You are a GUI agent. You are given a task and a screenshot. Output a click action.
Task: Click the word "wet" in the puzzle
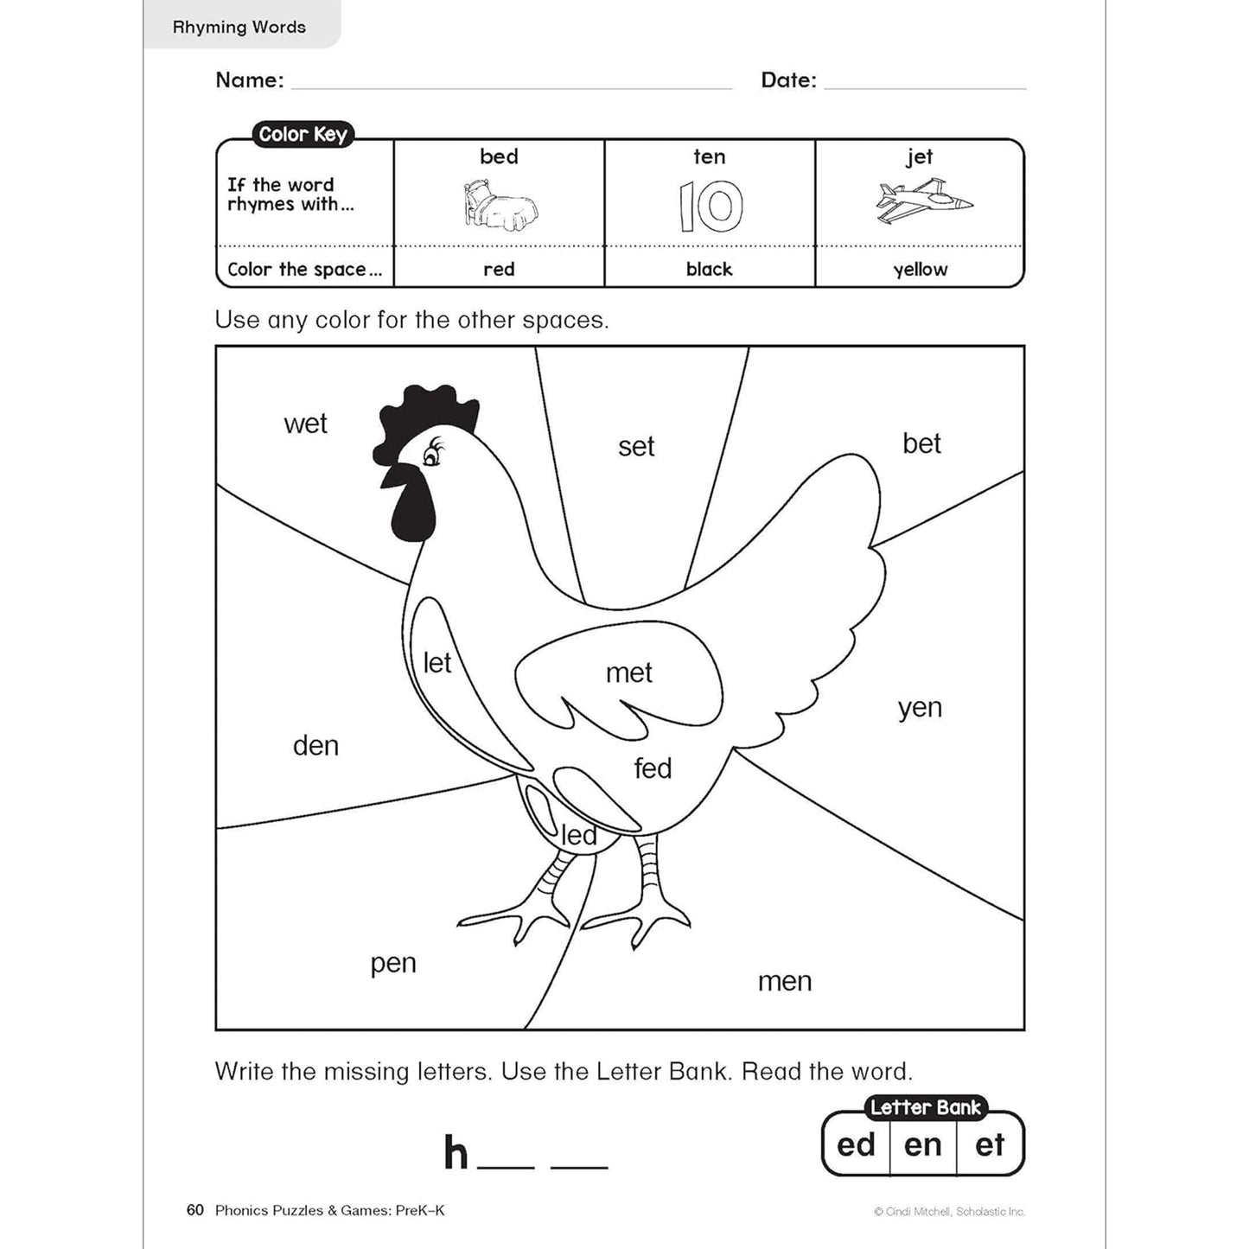tap(305, 424)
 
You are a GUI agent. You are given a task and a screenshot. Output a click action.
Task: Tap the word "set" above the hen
tap(636, 446)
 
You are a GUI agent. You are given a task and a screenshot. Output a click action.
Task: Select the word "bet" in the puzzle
tap(921, 443)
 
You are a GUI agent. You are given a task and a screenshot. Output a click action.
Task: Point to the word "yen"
tap(920, 709)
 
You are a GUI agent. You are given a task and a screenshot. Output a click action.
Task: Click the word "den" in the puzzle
tap(315, 745)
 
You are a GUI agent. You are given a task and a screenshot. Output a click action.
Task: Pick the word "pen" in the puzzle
tap(393, 963)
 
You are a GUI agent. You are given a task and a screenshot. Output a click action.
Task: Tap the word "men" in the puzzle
tap(785, 981)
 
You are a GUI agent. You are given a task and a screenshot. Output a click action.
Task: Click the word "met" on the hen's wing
tap(629, 672)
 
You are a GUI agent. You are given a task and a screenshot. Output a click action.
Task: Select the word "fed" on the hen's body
tap(653, 768)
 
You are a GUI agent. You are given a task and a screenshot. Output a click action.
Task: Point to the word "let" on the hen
tap(437, 663)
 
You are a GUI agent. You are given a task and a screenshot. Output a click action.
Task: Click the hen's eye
tap(430, 455)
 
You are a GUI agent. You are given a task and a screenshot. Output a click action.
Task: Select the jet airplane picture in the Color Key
tap(922, 202)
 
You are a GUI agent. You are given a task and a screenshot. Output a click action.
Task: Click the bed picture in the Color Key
tap(499, 206)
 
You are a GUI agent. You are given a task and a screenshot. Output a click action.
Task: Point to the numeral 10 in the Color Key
tap(710, 206)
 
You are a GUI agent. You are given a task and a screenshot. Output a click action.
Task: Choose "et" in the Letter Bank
tap(990, 1144)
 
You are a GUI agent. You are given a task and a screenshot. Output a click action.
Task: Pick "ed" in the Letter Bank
tap(856, 1144)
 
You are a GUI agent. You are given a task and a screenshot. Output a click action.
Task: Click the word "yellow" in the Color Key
tap(920, 270)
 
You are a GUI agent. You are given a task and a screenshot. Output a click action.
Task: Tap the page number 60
tap(194, 1210)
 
